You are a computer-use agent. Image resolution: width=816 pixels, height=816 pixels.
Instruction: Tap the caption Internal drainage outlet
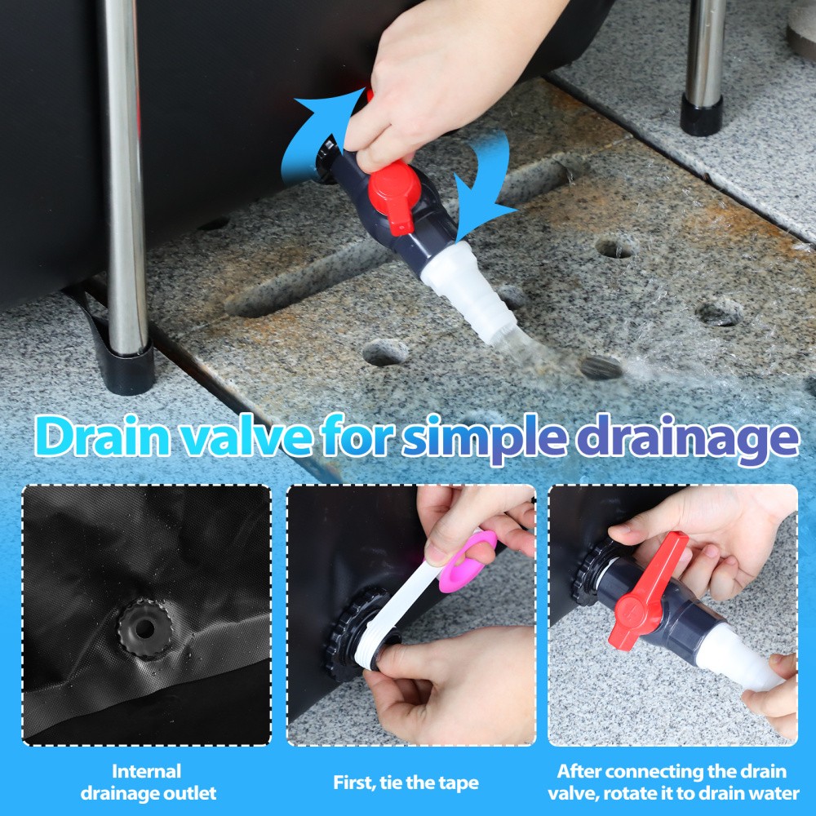(148, 783)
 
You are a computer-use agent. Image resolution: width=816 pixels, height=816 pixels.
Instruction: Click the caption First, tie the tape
(406, 783)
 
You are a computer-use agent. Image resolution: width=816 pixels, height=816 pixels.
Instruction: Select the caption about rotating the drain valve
(673, 783)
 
